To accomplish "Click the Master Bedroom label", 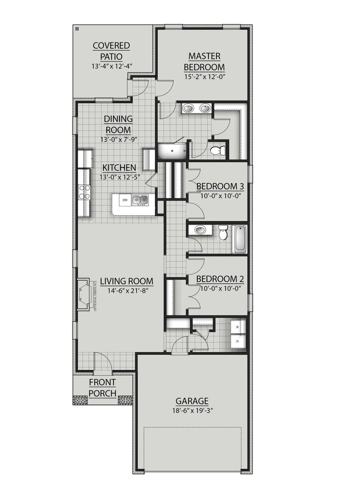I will pyautogui.click(x=204, y=62).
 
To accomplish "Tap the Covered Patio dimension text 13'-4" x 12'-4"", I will pyautogui.click(x=112, y=66).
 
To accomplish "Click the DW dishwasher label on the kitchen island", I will pyautogui.click(x=125, y=200).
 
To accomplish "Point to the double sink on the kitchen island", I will pyautogui.click(x=140, y=200).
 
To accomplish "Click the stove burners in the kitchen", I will pyautogui.click(x=84, y=192).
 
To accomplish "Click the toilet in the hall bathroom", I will pyautogui.click(x=223, y=232).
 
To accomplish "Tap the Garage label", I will pyautogui.click(x=192, y=401).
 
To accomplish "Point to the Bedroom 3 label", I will pyautogui.click(x=220, y=186).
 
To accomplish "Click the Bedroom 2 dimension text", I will pyautogui.click(x=221, y=288).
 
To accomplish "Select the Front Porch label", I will pyautogui.click(x=102, y=388).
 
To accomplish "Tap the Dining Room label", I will pyautogui.click(x=118, y=124).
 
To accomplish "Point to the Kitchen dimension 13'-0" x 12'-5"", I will pyautogui.click(x=120, y=177).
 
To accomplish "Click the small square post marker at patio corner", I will pyautogui.click(x=77, y=28).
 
